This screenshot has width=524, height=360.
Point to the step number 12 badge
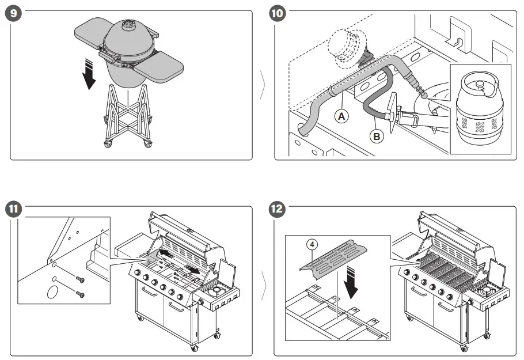(278, 209)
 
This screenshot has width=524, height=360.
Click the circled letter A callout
(342, 116)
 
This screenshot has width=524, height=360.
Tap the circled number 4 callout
(311, 243)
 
